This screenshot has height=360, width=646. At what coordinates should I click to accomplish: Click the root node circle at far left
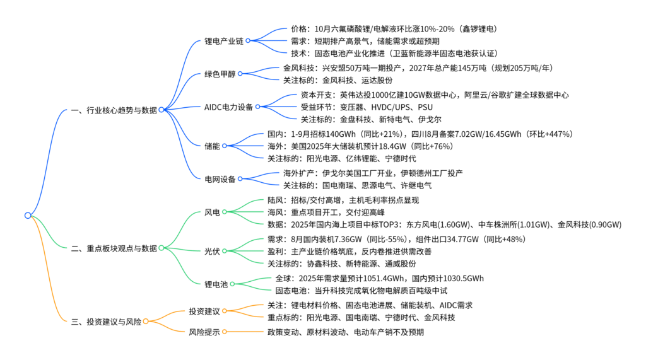point(28,216)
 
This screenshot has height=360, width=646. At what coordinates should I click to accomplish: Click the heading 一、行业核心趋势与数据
point(114,110)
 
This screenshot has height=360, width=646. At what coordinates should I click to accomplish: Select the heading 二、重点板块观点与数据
point(114,248)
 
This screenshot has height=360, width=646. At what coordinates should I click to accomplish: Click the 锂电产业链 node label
point(225,41)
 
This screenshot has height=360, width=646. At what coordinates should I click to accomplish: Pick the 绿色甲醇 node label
point(220,74)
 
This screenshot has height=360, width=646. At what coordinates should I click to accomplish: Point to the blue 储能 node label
point(213,146)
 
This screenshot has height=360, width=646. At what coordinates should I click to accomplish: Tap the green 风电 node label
point(213,212)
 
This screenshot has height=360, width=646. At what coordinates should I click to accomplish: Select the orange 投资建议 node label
point(204,311)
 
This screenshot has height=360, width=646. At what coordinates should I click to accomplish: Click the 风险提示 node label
point(204,332)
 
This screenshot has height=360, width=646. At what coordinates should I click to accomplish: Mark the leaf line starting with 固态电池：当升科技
point(361,291)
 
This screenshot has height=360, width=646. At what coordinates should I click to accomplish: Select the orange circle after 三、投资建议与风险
point(145,322)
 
